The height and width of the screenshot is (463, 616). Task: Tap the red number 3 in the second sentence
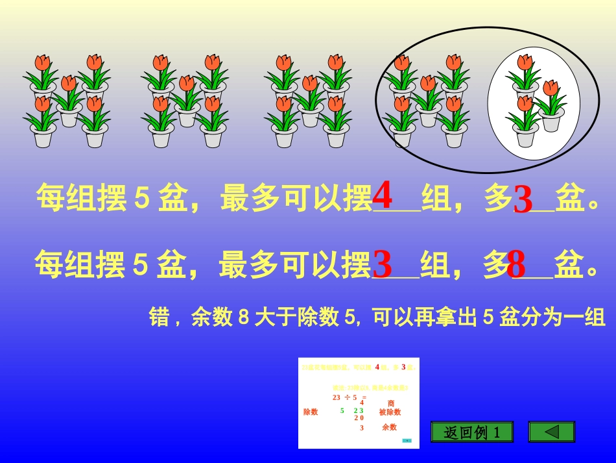[383, 264]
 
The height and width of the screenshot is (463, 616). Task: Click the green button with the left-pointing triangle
[551, 432]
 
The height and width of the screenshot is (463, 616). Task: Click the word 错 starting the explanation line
[160, 318]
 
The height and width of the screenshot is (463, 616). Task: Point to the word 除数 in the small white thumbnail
[311, 412]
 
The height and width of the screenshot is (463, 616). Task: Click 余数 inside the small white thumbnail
[389, 427]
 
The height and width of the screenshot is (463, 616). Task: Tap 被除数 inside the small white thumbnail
[390, 412]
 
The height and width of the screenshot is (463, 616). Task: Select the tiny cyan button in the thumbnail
[407, 440]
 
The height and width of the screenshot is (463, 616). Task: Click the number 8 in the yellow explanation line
[244, 318]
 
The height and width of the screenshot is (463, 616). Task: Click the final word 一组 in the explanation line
[590, 318]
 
